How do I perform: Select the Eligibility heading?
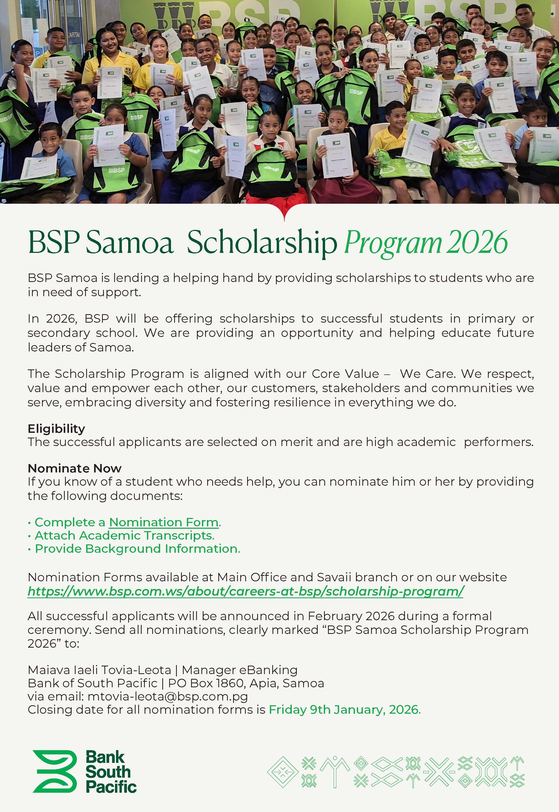coord(56,429)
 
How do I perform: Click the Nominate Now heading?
coord(75,468)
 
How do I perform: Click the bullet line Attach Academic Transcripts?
coord(124,535)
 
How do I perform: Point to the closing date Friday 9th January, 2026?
coord(344,710)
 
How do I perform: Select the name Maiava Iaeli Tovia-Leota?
coord(99,670)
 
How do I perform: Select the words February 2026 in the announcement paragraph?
coord(351,616)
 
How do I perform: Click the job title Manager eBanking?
coord(239,670)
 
